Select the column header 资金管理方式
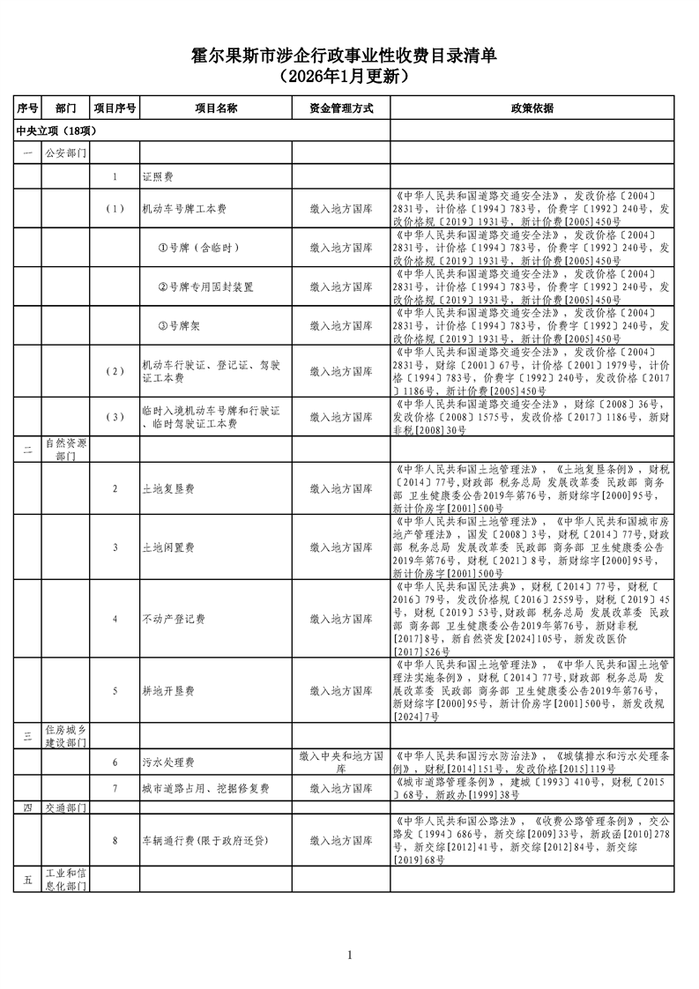tap(341, 108)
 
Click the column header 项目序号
tap(115, 108)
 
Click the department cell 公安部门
tap(65, 153)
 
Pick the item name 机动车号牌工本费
tap(184, 210)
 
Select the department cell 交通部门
tap(65, 807)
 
